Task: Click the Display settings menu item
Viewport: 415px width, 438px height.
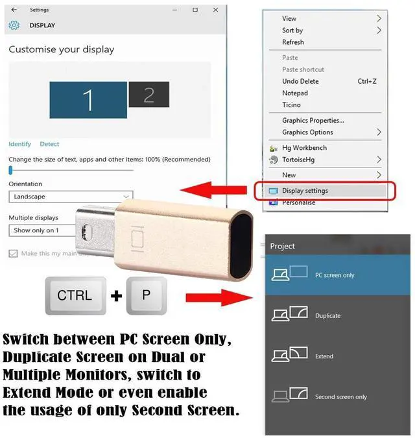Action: coord(305,191)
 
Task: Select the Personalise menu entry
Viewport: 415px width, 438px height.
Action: coord(298,202)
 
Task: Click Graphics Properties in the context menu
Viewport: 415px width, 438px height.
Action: coord(313,120)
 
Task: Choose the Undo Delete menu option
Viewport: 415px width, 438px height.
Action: coord(300,81)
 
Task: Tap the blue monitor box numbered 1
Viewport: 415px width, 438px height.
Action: coord(88,99)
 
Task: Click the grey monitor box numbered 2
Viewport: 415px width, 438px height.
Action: coord(148,95)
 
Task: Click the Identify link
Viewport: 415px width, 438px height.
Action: coord(19,144)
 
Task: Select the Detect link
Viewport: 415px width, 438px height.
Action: coord(49,144)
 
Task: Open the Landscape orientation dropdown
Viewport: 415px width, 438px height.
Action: coord(70,197)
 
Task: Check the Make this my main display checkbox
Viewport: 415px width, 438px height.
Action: coord(13,254)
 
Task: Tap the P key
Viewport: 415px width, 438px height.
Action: coord(145,295)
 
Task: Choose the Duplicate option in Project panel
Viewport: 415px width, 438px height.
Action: coord(327,315)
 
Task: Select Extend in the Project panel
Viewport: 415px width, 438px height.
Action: coord(324,356)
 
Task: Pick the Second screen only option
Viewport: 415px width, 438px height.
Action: coord(340,396)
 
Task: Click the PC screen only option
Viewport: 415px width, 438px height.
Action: coord(335,275)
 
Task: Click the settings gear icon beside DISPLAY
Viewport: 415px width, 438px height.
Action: coord(14,25)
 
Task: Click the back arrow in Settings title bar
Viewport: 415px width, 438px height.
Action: coord(14,10)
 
